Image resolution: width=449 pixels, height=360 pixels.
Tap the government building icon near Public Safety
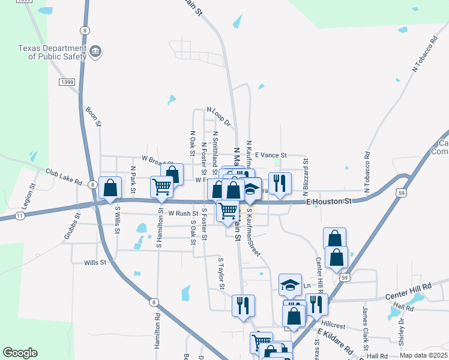[x=95, y=53]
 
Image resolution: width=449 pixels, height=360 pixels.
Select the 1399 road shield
[x=67, y=81]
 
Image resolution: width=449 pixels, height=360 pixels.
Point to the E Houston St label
[x=329, y=202]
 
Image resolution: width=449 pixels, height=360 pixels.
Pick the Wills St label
[x=95, y=262]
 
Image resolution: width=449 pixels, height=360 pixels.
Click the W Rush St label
[x=183, y=213]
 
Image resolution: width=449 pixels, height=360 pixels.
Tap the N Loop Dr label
[x=218, y=117]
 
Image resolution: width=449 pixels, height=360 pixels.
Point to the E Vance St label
[x=271, y=155]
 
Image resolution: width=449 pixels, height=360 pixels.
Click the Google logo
[x=20, y=353]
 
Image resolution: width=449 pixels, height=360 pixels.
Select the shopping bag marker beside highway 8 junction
[x=110, y=188]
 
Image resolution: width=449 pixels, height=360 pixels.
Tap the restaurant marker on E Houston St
[x=280, y=183]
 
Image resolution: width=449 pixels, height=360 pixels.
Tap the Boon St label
[x=91, y=112]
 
